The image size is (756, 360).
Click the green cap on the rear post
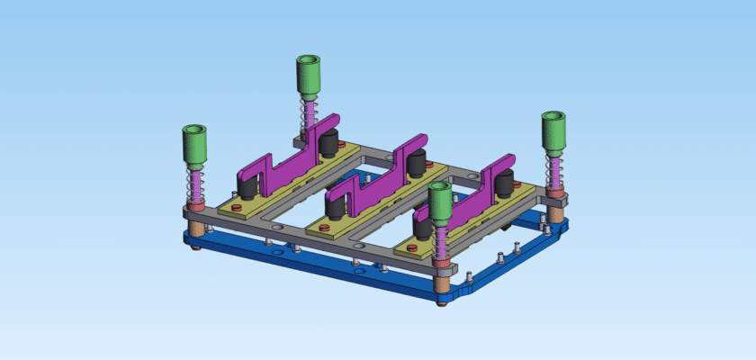(x=309, y=76)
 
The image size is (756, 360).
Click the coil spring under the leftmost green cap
(x=193, y=184)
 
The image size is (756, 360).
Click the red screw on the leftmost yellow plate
(x=236, y=208)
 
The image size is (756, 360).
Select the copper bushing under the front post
(x=442, y=283)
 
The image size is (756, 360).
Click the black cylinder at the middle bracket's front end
(x=336, y=208)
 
